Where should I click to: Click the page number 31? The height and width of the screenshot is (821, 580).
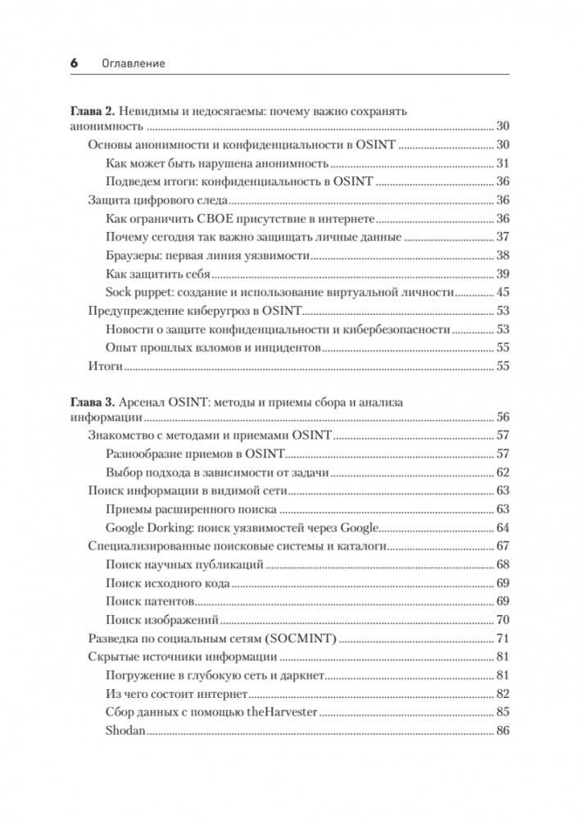503,163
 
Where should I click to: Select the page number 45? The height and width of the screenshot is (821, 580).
503,293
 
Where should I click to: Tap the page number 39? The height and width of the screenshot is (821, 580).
503,274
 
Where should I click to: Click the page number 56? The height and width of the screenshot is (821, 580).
503,417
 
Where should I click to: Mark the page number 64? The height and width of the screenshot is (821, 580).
503,527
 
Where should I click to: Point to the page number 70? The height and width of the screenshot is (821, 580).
503,619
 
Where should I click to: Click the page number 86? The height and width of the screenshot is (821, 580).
503,730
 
